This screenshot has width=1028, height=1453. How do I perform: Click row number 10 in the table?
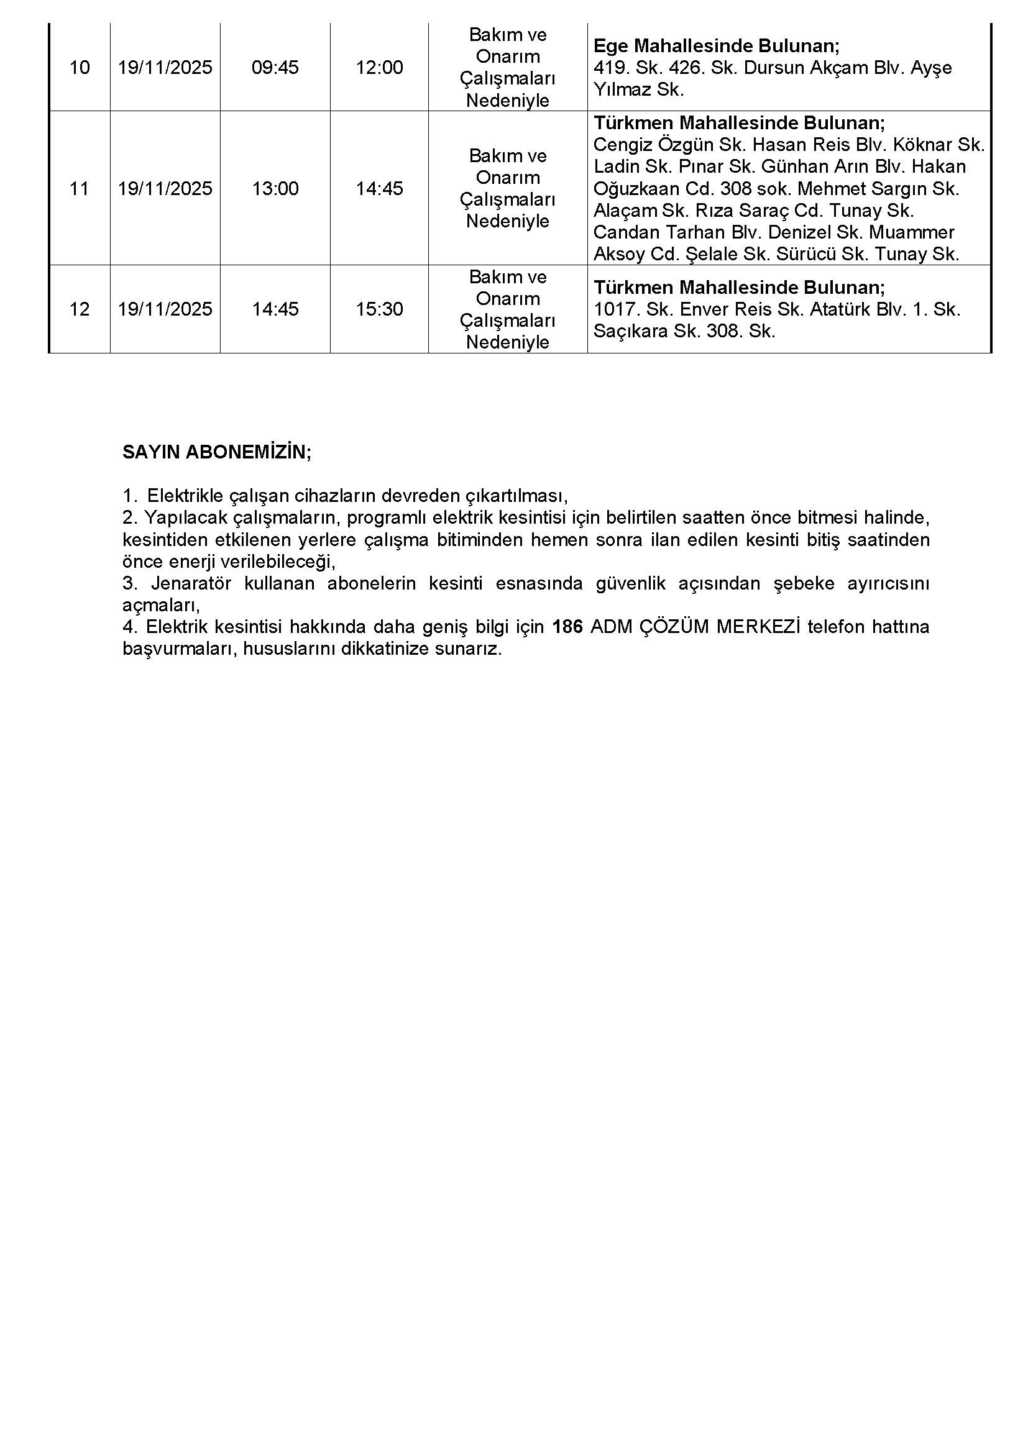[79, 67]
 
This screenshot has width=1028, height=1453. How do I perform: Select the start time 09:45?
[275, 67]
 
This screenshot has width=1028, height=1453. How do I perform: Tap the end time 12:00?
[379, 67]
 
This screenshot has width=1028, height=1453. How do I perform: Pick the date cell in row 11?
[165, 189]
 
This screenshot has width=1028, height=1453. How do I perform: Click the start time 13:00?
[275, 189]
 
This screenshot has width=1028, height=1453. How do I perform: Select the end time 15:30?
[379, 309]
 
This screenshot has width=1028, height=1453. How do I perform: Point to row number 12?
[79, 309]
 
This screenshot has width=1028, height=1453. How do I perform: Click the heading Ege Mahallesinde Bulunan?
[716, 45]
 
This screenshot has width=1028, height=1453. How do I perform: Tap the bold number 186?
[567, 627]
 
